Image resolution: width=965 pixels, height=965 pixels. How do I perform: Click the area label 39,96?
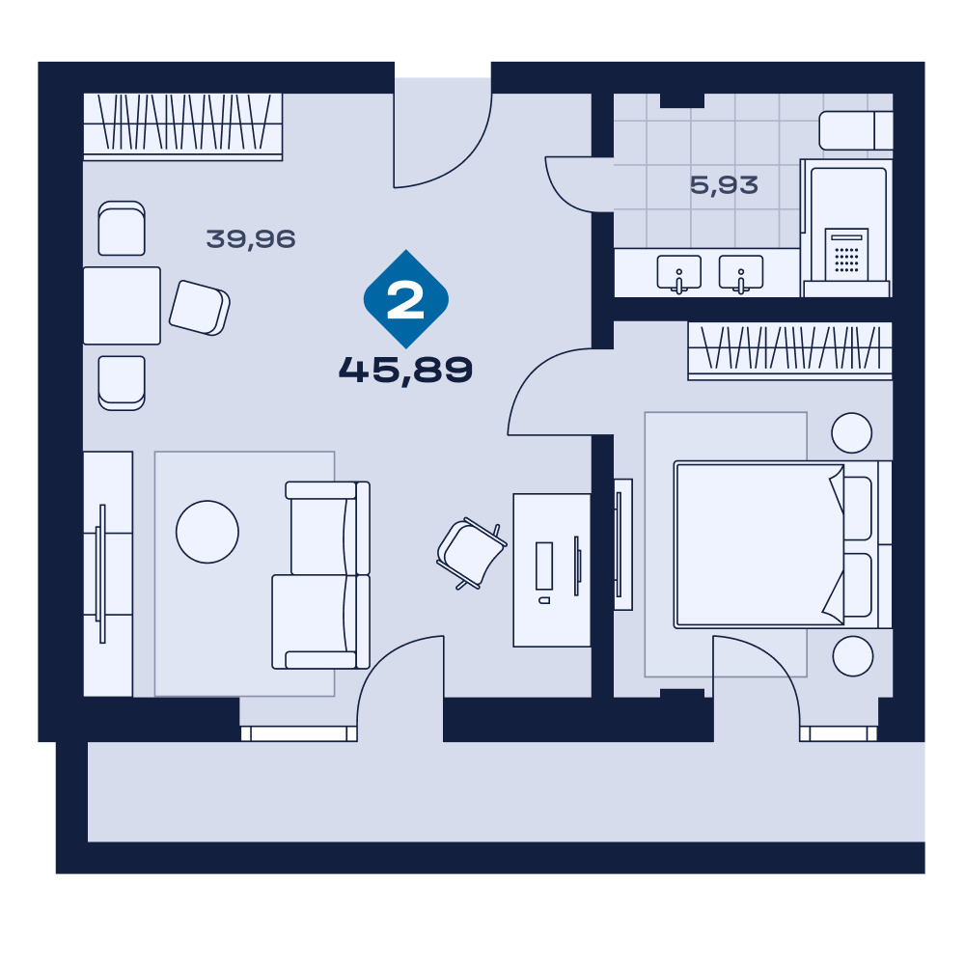(251, 238)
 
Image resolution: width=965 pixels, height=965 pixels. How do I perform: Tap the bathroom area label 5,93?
(724, 184)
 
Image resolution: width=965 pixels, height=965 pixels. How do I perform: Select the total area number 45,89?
(405, 370)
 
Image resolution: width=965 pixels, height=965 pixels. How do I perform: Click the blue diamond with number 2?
(406, 299)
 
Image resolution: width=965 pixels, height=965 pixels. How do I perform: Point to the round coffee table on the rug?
(207, 532)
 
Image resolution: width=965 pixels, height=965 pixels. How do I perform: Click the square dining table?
(122, 305)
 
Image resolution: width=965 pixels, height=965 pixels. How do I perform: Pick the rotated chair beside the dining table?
(200, 308)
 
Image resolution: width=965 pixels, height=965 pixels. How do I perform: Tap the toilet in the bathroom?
(855, 130)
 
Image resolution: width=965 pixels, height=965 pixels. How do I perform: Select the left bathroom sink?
(678, 273)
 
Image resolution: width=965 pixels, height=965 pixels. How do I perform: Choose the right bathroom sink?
(741, 273)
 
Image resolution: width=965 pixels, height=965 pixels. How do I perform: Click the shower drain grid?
(846, 260)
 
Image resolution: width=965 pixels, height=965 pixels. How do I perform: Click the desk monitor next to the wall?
(577, 565)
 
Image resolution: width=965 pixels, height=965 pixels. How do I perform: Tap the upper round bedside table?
(852, 432)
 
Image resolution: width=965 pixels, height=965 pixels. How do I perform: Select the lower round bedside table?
(853, 656)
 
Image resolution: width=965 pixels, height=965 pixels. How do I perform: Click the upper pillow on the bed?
(858, 509)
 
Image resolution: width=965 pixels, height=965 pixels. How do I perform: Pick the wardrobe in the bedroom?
(790, 350)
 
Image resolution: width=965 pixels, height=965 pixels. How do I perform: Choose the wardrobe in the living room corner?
(182, 126)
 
